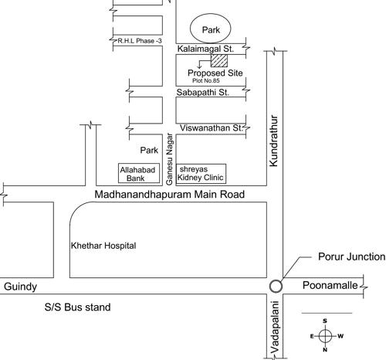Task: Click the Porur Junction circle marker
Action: click(x=276, y=286)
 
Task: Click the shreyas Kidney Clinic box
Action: click(x=201, y=173)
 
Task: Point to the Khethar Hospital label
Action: click(x=103, y=246)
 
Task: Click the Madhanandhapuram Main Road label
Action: click(x=170, y=195)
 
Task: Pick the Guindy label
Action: click(x=20, y=287)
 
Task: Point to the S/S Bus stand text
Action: click(x=77, y=307)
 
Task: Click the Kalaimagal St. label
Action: click(x=205, y=49)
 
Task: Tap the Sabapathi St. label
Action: click(x=204, y=92)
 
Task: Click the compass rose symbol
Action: click(x=325, y=335)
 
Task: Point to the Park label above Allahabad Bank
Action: click(x=148, y=150)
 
